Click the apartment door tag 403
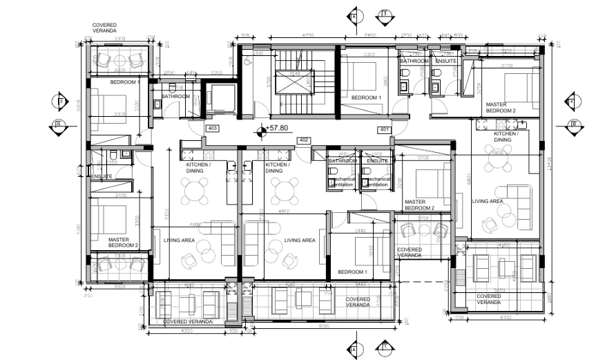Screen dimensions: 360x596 [213, 128]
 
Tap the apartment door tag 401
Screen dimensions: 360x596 [384, 129]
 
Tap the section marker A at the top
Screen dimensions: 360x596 [354, 15]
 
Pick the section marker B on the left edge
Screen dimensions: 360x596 [57, 125]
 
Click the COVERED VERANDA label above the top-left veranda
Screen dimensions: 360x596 [105, 28]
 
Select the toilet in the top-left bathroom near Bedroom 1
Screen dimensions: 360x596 [158, 105]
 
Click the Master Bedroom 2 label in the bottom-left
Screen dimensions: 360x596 [124, 243]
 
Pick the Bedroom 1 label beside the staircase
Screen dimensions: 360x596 [366, 98]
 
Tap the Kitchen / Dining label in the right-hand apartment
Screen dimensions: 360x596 [502, 137]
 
